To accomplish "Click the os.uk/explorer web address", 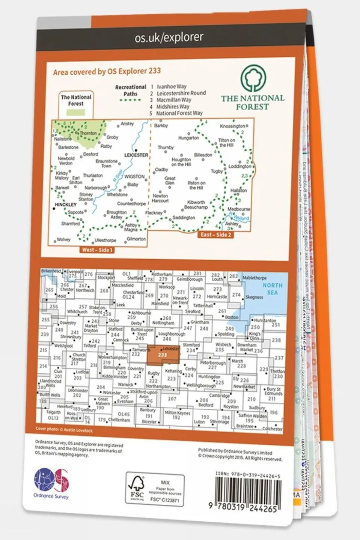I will click(x=169, y=38).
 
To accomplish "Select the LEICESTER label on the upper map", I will click(x=136, y=155).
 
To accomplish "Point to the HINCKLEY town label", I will click(x=66, y=205).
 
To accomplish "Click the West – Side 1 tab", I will click(x=97, y=250).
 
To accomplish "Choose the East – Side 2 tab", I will click(x=216, y=235).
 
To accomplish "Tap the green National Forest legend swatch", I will click(x=76, y=112).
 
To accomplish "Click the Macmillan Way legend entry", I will click(x=173, y=100).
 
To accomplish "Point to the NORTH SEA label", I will click(x=273, y=289).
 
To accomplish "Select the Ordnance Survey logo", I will click(x=51, y=482).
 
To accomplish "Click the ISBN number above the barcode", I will click(x=248, y=475).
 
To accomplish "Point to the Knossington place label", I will click(x=233, y=126).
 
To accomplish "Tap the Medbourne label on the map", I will click(x=239, y=209).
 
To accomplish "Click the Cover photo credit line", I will click(x=64, y=429).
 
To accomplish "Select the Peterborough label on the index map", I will click(x=213, y=363).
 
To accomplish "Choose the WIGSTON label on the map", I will click(x=134, y=176).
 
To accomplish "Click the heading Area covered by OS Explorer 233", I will click(x=107, y=71).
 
